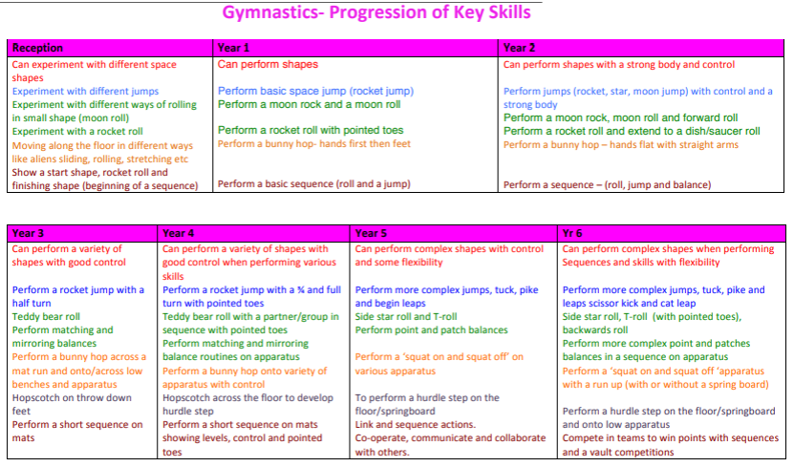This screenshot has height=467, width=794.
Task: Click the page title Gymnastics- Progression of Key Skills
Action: tap(376, 12)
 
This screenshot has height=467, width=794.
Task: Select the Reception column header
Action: tap(37, 48)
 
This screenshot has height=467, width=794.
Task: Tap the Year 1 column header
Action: tap(233, 48)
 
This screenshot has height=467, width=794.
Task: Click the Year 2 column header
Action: tap(519, 48)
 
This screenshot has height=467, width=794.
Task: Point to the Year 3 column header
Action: tap(28, 233)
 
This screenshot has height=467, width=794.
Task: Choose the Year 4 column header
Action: tap(179, 233)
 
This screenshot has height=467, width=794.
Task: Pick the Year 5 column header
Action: tap(371, 233)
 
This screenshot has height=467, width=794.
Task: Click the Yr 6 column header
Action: tap(572, 233)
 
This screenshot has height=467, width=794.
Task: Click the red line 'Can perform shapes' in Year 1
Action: tap(268, 65)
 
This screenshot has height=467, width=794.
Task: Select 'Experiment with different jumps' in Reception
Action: tap(85, 92)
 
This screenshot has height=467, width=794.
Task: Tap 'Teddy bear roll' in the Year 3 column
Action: tap(46, 317)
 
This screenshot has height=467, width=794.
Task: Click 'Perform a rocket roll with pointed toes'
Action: tap(311, 130)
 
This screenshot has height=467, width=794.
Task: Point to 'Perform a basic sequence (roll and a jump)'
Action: tap(314, 184)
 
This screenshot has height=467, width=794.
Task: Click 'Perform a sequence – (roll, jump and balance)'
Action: tap(607, 185)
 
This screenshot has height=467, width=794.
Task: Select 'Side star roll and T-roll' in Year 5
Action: tap(406, 317)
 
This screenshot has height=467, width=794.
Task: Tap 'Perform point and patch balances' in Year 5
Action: tap(432, 330)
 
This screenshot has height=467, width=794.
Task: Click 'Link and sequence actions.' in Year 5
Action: tap(416, 424)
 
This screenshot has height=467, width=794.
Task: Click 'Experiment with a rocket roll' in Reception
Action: tap(77, 132)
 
